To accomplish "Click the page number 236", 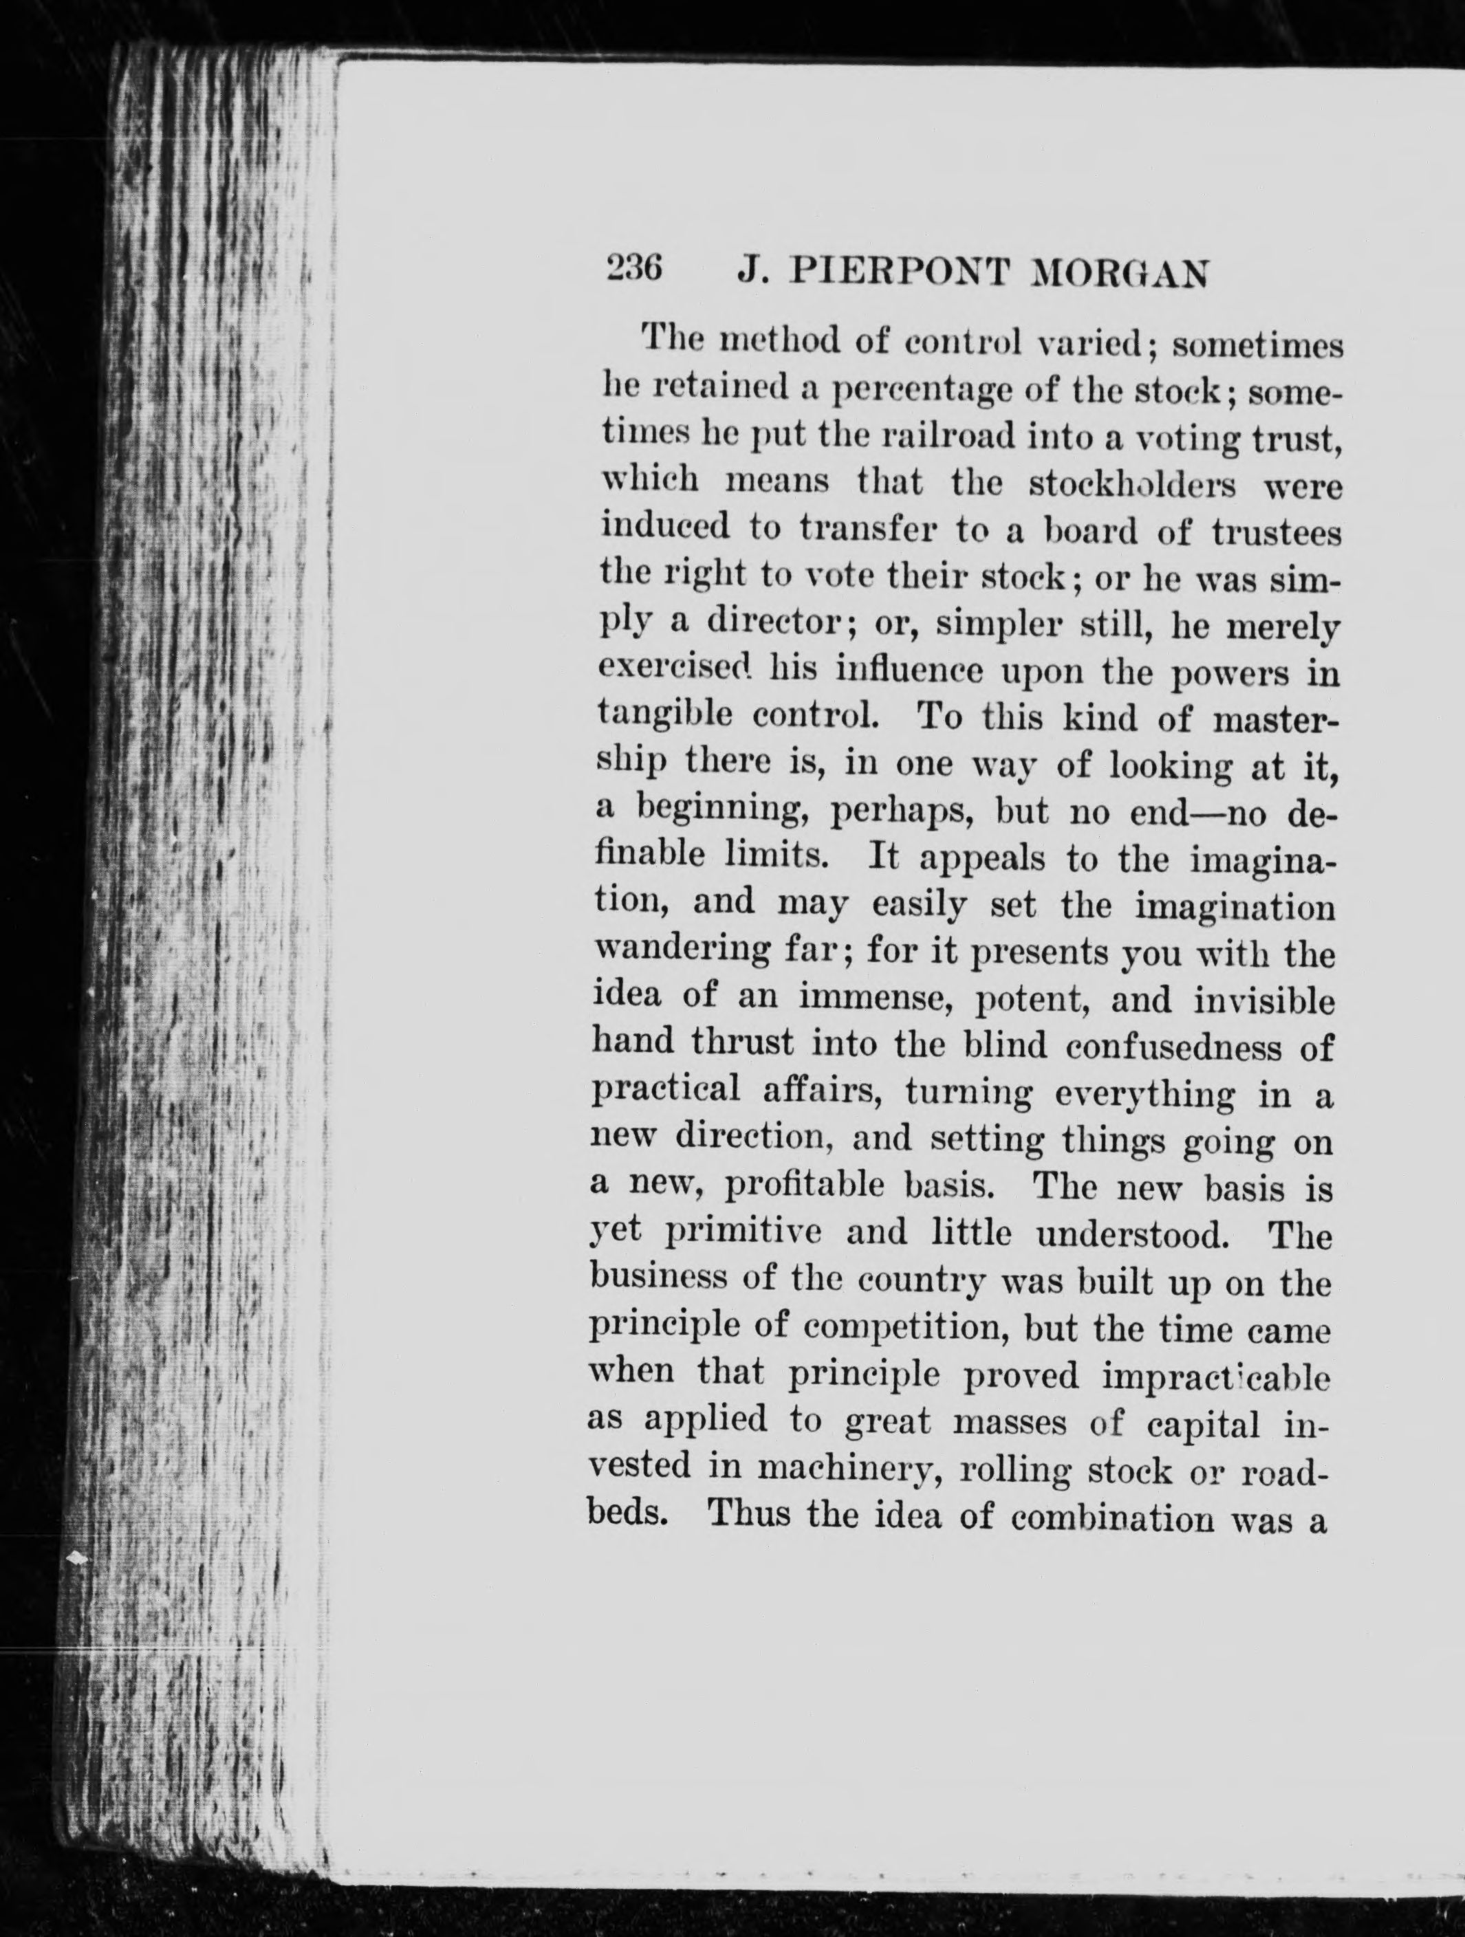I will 633,269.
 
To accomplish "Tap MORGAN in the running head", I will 1122,275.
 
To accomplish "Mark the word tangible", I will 664,719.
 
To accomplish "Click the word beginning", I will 725,813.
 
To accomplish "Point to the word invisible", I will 1263,1001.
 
